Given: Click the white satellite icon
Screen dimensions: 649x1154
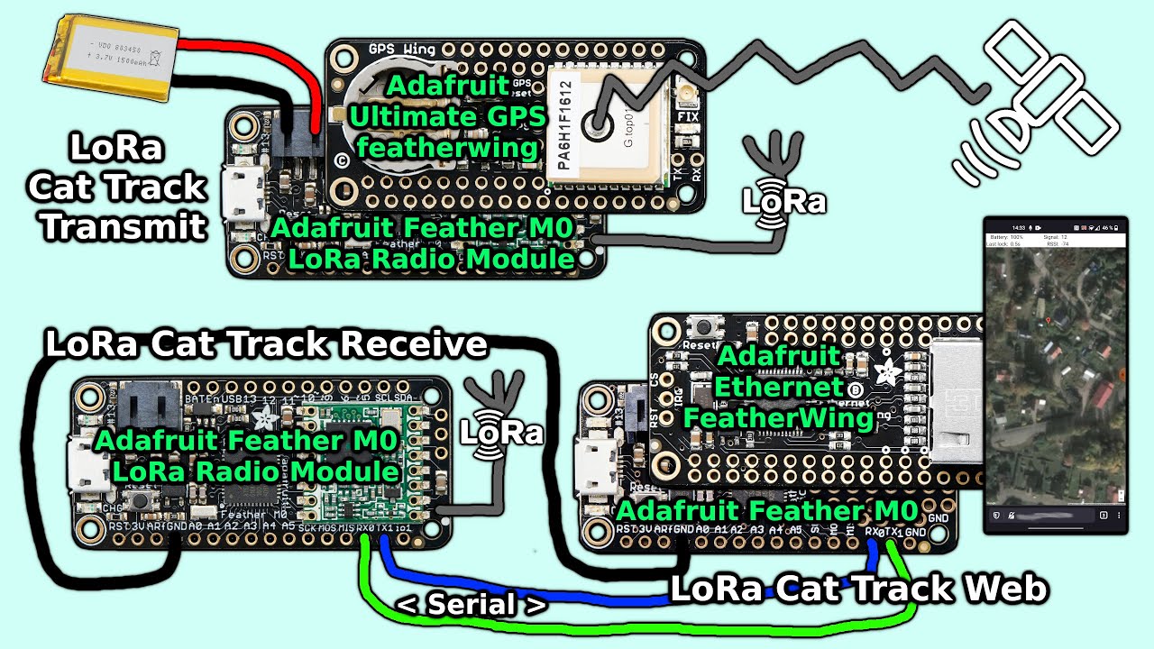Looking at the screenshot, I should coord(1037,99).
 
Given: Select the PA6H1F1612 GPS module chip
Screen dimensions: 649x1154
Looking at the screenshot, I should coord(604,122).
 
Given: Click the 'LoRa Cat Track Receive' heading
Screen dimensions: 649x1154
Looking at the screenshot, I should coord(266,344).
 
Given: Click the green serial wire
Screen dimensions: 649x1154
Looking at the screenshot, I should coord(631,624).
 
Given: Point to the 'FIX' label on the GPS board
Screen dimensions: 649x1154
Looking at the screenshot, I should coord(687,116).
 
